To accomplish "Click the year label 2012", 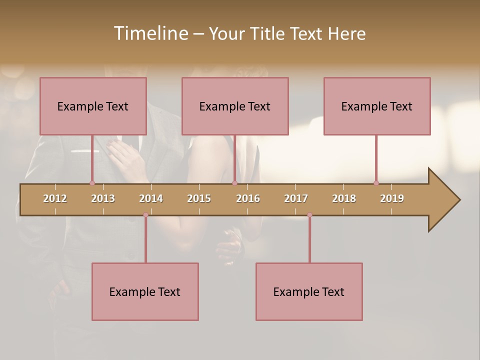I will point(55,198).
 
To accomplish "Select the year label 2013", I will point(103,198).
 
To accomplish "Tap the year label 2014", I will point(151,198).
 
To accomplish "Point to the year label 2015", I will point(199,198).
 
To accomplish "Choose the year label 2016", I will point(248,198).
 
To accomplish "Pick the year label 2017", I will point(296,198).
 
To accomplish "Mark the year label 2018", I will point(344,198).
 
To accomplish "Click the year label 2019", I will point(392,198).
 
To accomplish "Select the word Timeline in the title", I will point(150,33).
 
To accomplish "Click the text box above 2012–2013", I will point(93,106).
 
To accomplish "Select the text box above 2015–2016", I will point(235,106).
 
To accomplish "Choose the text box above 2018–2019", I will point(377,106).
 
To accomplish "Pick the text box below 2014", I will point(145,291).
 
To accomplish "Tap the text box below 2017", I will point(309,291).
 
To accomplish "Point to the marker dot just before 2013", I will point(92,183).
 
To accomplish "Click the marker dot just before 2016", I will point(234,183).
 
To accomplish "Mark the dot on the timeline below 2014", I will point(145,215).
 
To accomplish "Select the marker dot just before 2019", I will point(376,183).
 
